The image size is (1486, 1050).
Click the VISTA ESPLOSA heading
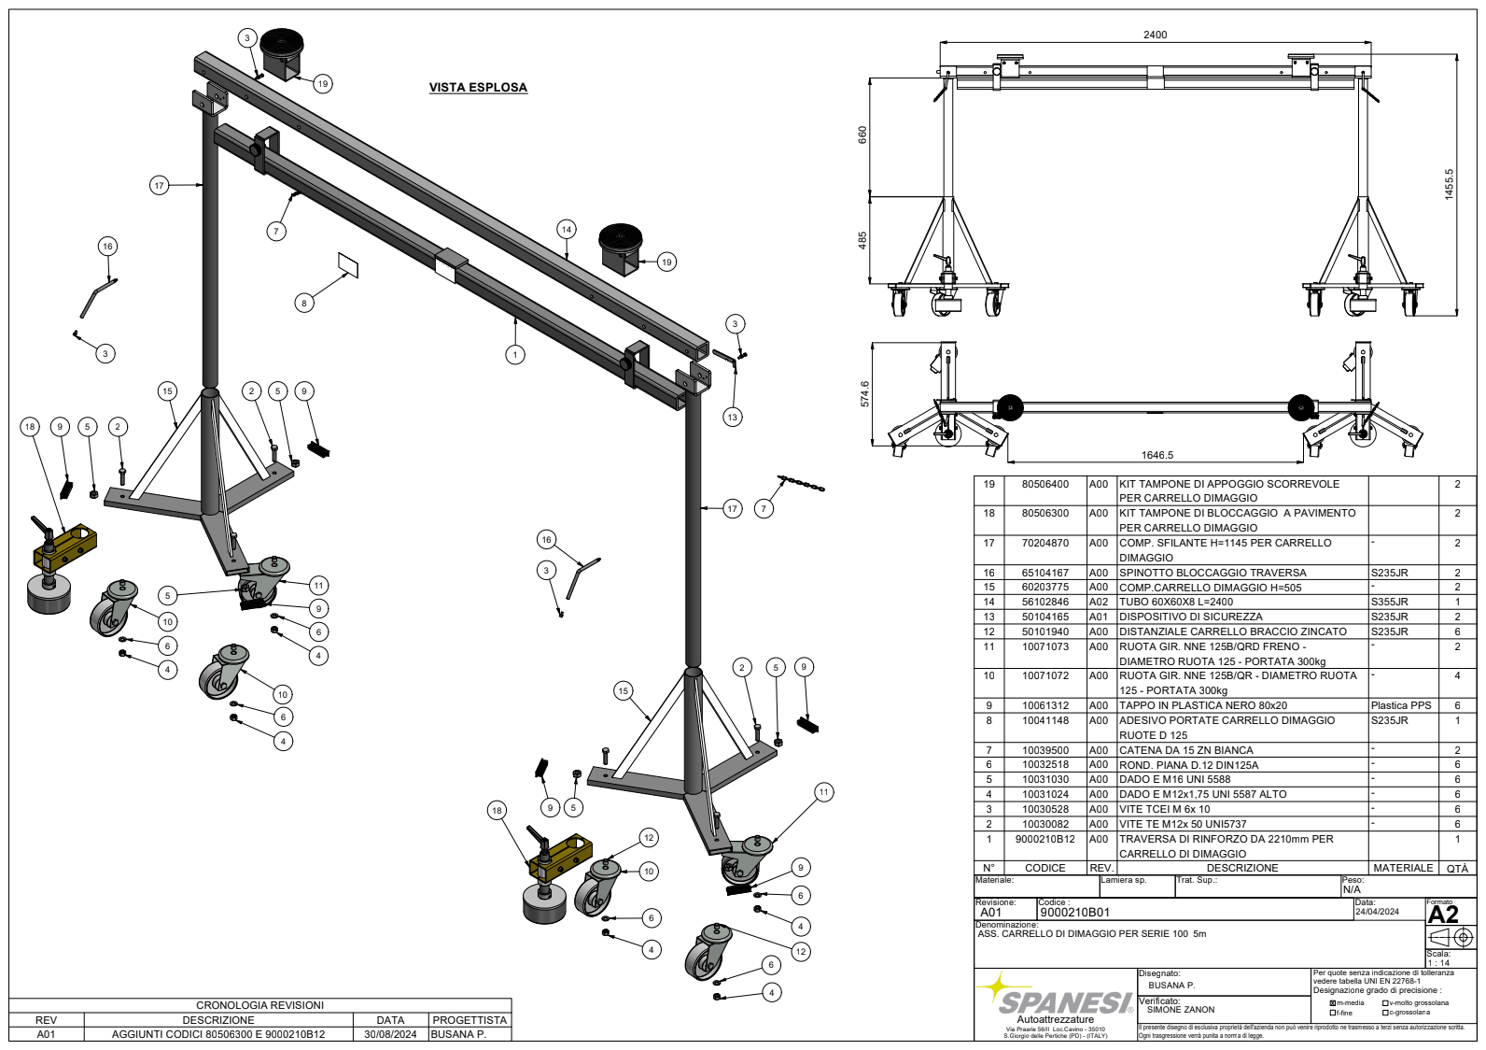tap(478, 88)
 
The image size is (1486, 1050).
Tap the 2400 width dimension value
tap(1155, 35)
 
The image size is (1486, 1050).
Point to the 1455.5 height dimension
tap(1449, 184)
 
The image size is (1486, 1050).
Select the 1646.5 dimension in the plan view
tap(1157, 455)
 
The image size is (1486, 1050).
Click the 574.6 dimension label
tap(864, 393)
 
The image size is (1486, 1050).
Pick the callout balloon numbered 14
tap(567, 229)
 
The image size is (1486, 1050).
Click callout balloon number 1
tap(514, 354)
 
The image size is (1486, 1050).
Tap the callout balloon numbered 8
tap(303, 303)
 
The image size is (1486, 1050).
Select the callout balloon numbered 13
tap(733, 417)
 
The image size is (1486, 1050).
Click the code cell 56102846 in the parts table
tap(1044, 603)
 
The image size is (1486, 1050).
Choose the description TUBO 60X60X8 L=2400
tap(1176, 603)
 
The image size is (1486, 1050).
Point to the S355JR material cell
tap(1389, 603)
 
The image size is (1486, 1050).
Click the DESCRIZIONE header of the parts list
tap(1241, 868)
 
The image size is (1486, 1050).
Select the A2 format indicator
tap(1442, 915)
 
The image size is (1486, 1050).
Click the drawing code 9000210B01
tap(1074, 913)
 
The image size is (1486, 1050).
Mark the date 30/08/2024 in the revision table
tap(390, 1034)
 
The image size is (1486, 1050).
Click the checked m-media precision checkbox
tap(1332, 1003)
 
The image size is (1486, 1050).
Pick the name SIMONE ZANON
tap(1181, 1010)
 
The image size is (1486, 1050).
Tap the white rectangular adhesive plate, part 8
tap(348, 264)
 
